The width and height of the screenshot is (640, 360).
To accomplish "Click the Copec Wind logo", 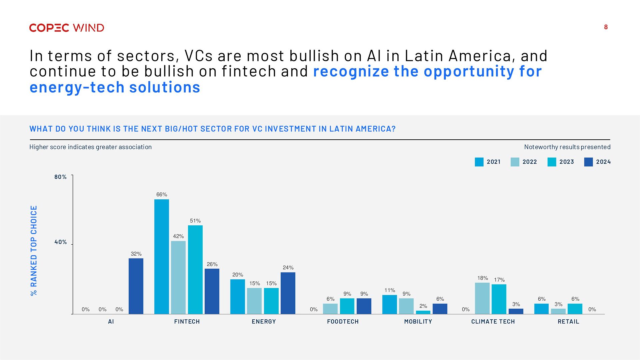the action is click(67, 28).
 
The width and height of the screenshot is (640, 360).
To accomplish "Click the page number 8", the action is click(606, 27).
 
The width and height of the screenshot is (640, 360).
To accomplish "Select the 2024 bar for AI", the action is click(136, 286).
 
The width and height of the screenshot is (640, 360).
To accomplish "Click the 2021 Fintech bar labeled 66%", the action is click(162, 257).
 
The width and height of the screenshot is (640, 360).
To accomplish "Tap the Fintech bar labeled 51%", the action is click(195, 270).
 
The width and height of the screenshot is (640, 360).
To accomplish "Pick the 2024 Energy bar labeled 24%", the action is click(288, 293).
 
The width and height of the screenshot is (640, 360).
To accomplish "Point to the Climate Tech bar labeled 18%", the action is click(482, 298).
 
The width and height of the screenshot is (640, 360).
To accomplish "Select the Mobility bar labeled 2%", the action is click(423, 312).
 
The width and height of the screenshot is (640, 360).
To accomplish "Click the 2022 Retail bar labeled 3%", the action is click(558, 311).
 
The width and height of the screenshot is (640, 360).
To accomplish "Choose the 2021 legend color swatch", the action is click(479, 162).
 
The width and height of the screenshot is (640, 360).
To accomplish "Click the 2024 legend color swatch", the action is click(588, 162).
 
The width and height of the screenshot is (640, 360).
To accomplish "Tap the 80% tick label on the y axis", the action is click(61, 177).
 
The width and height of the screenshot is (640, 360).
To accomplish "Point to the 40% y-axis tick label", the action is click(61, 242).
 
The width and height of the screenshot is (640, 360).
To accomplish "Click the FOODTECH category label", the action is click(343, 321).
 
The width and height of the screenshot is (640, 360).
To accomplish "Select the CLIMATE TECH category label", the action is click(493, 321).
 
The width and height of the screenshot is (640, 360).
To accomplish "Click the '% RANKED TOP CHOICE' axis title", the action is click(34, 251).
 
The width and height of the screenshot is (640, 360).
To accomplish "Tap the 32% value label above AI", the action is click(136, 254).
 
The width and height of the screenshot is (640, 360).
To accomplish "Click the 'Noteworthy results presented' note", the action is click(567, 147).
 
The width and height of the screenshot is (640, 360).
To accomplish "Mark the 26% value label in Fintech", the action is click(212, 264).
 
